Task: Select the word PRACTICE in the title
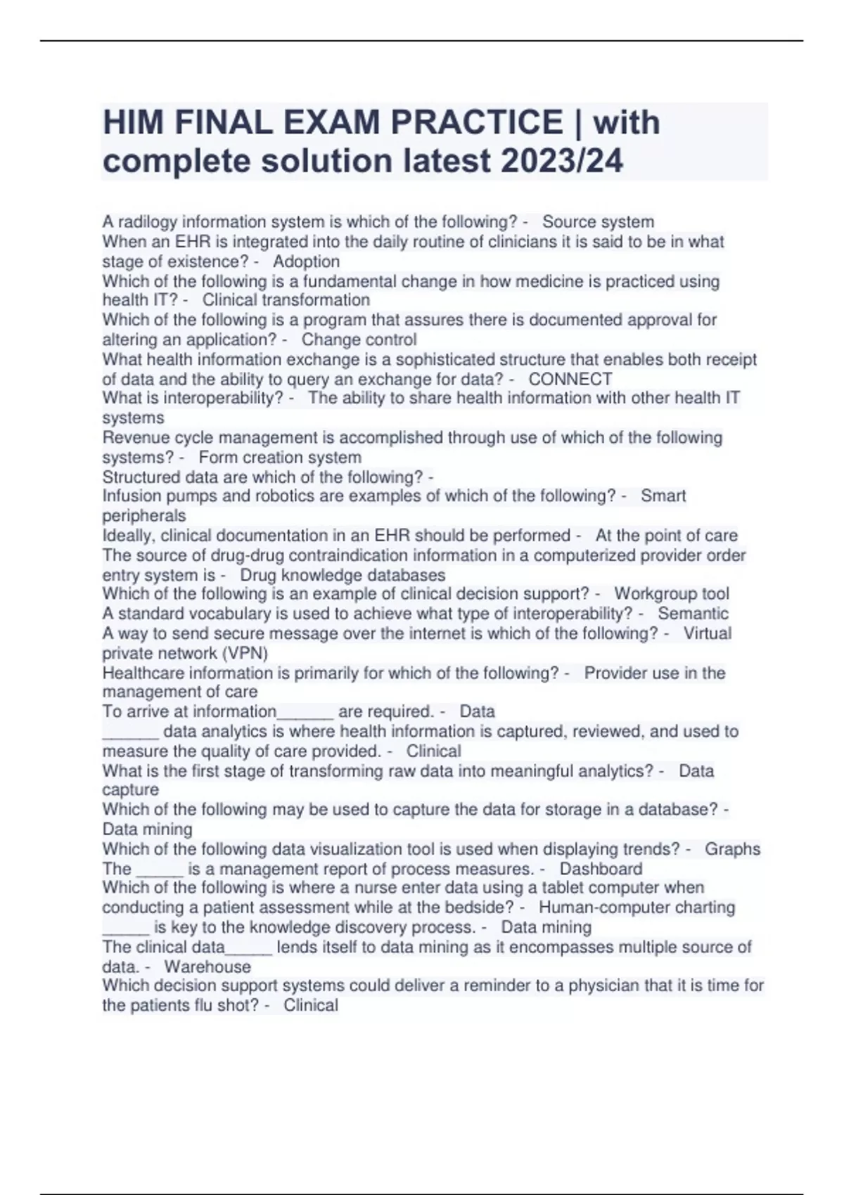477,122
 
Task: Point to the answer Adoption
306,261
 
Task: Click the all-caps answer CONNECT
570,380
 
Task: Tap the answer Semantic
693,614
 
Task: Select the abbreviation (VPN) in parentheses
245,653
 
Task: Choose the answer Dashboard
601,869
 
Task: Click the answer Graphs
732,849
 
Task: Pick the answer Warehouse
207,967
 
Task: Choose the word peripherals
144,516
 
